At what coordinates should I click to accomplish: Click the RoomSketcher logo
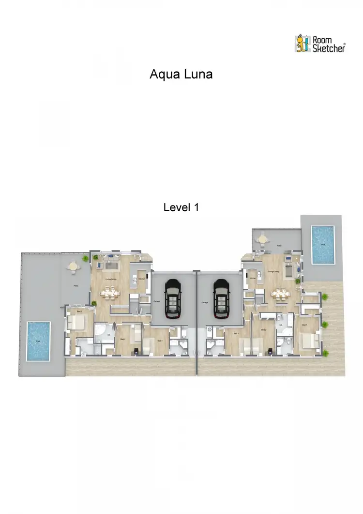[320, 43]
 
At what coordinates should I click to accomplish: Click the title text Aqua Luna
[181, 75]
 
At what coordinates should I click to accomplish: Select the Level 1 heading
[181, 207]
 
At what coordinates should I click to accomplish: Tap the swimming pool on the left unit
[38, 341]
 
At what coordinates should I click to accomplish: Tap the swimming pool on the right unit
[321, 245]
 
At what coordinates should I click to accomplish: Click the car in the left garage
[172, 298]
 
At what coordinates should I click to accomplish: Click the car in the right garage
[221, 298]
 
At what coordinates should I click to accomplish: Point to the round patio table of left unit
[73, 266]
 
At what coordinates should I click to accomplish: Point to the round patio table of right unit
[262, 238]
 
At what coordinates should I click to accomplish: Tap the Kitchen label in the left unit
[142, 280]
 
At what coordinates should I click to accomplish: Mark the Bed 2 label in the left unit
[122, 339]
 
